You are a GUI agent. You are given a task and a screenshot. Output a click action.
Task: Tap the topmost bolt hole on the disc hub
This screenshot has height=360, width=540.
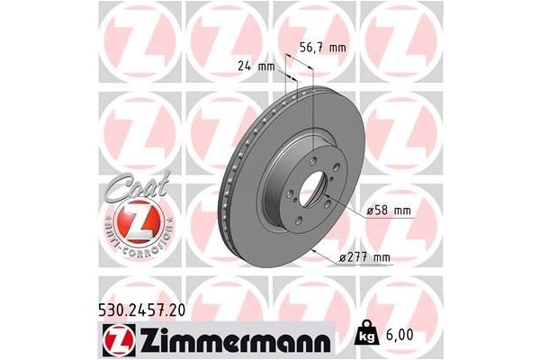[x=311, y=155]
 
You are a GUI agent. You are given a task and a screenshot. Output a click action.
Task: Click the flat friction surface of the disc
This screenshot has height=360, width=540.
[x=270, y=225]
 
